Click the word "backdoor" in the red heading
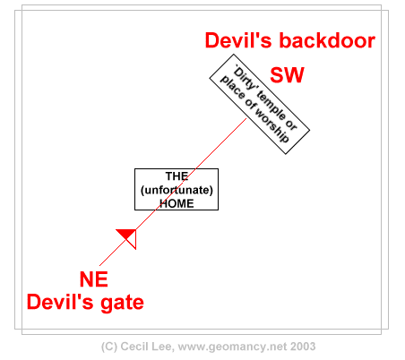point(327,40)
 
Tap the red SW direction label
point(287,75)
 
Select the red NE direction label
point(94,279)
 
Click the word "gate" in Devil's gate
point(122,303)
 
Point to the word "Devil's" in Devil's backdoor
point(238,40)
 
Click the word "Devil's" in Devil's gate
point(60,302)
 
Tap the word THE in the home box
point(177,176)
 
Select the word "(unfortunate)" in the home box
point(177,190)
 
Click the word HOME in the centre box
point(177,203)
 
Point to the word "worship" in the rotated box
point(271,125)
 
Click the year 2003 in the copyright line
point(303,347)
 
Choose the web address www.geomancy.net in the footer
point(232,347)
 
